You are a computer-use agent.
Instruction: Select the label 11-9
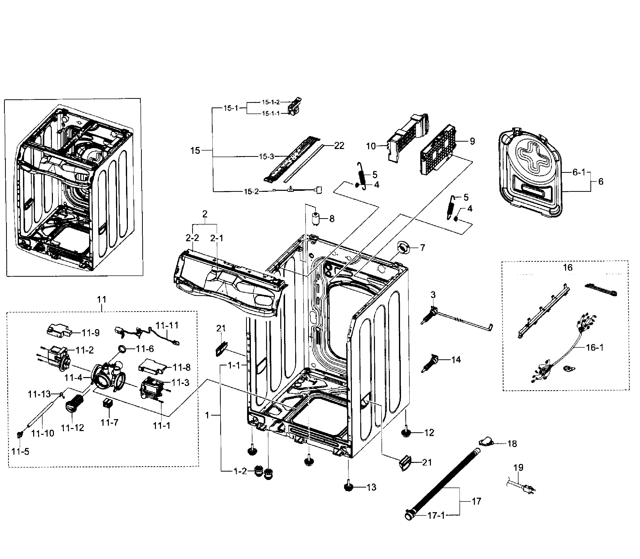pos(90,333)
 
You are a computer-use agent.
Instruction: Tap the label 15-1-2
pos(270,102)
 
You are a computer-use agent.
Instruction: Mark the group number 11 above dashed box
pos(102,300)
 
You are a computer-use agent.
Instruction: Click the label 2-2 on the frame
pos(192,238)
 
